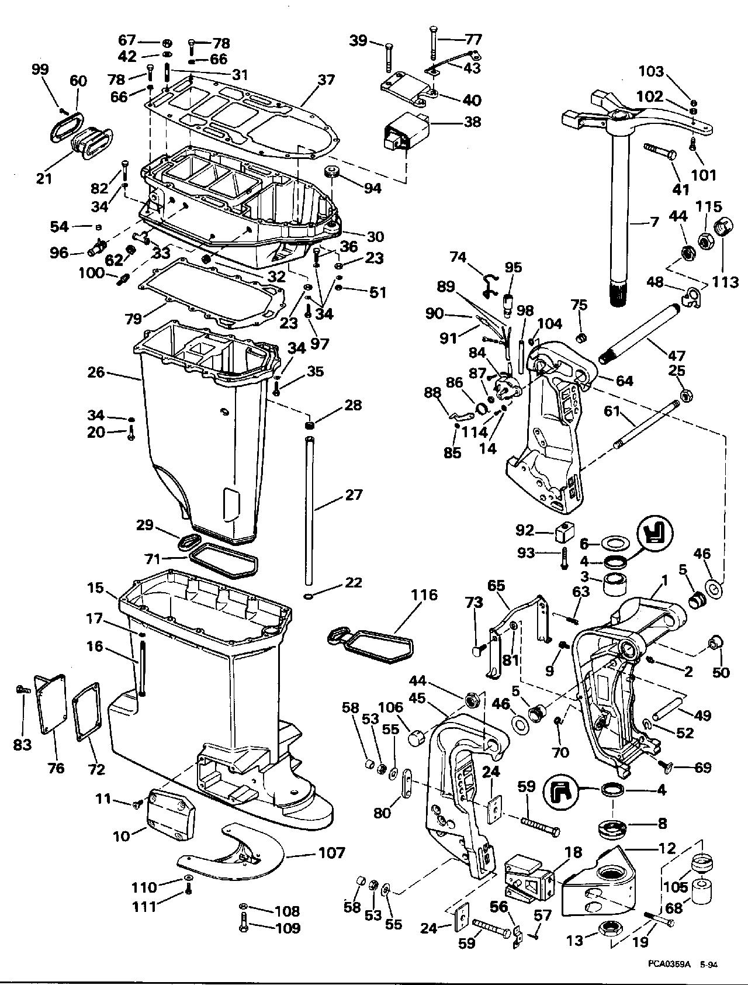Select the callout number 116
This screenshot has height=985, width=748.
[424, 596]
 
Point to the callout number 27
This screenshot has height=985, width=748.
[354, 495]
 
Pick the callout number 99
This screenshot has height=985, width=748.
[40, 70]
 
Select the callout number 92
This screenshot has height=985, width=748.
[525, 530]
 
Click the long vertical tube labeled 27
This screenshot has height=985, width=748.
[309, 503]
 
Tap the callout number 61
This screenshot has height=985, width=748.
[612, 412]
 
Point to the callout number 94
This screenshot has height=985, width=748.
[372, 188]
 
